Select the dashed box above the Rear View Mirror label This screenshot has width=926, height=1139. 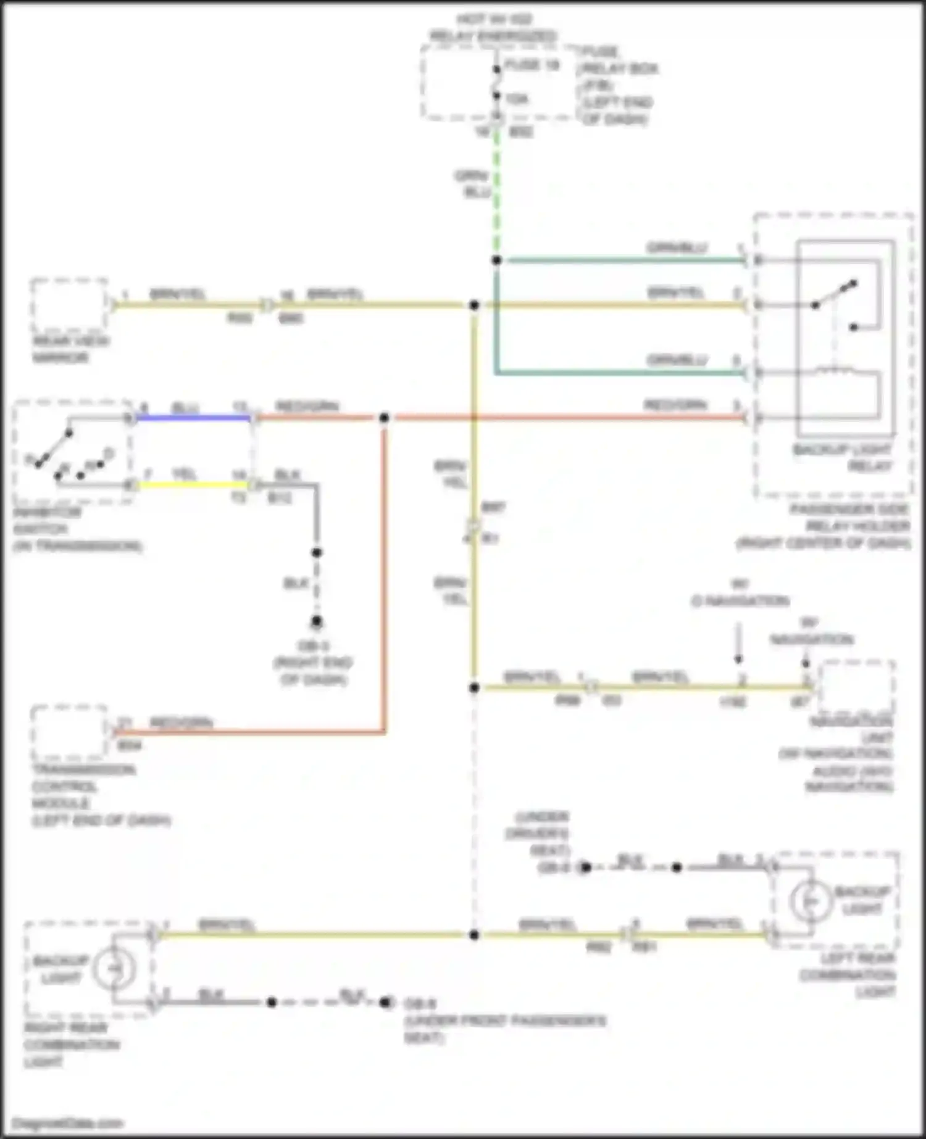point(69,305)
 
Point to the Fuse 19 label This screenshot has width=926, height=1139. point(532,65)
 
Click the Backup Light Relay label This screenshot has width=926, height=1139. point(843,457)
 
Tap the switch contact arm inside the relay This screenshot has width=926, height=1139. point(835,294)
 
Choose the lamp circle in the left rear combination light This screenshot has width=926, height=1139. point(809,901)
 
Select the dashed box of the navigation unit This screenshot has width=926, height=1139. point(856,686)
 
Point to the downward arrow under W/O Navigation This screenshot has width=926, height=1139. point(738,645)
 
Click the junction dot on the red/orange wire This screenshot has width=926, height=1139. point(384,418)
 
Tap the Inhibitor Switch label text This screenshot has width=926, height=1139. point(77,529)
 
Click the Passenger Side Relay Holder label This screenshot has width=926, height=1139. point(825,526)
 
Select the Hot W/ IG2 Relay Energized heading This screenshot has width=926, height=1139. point(493,28)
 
